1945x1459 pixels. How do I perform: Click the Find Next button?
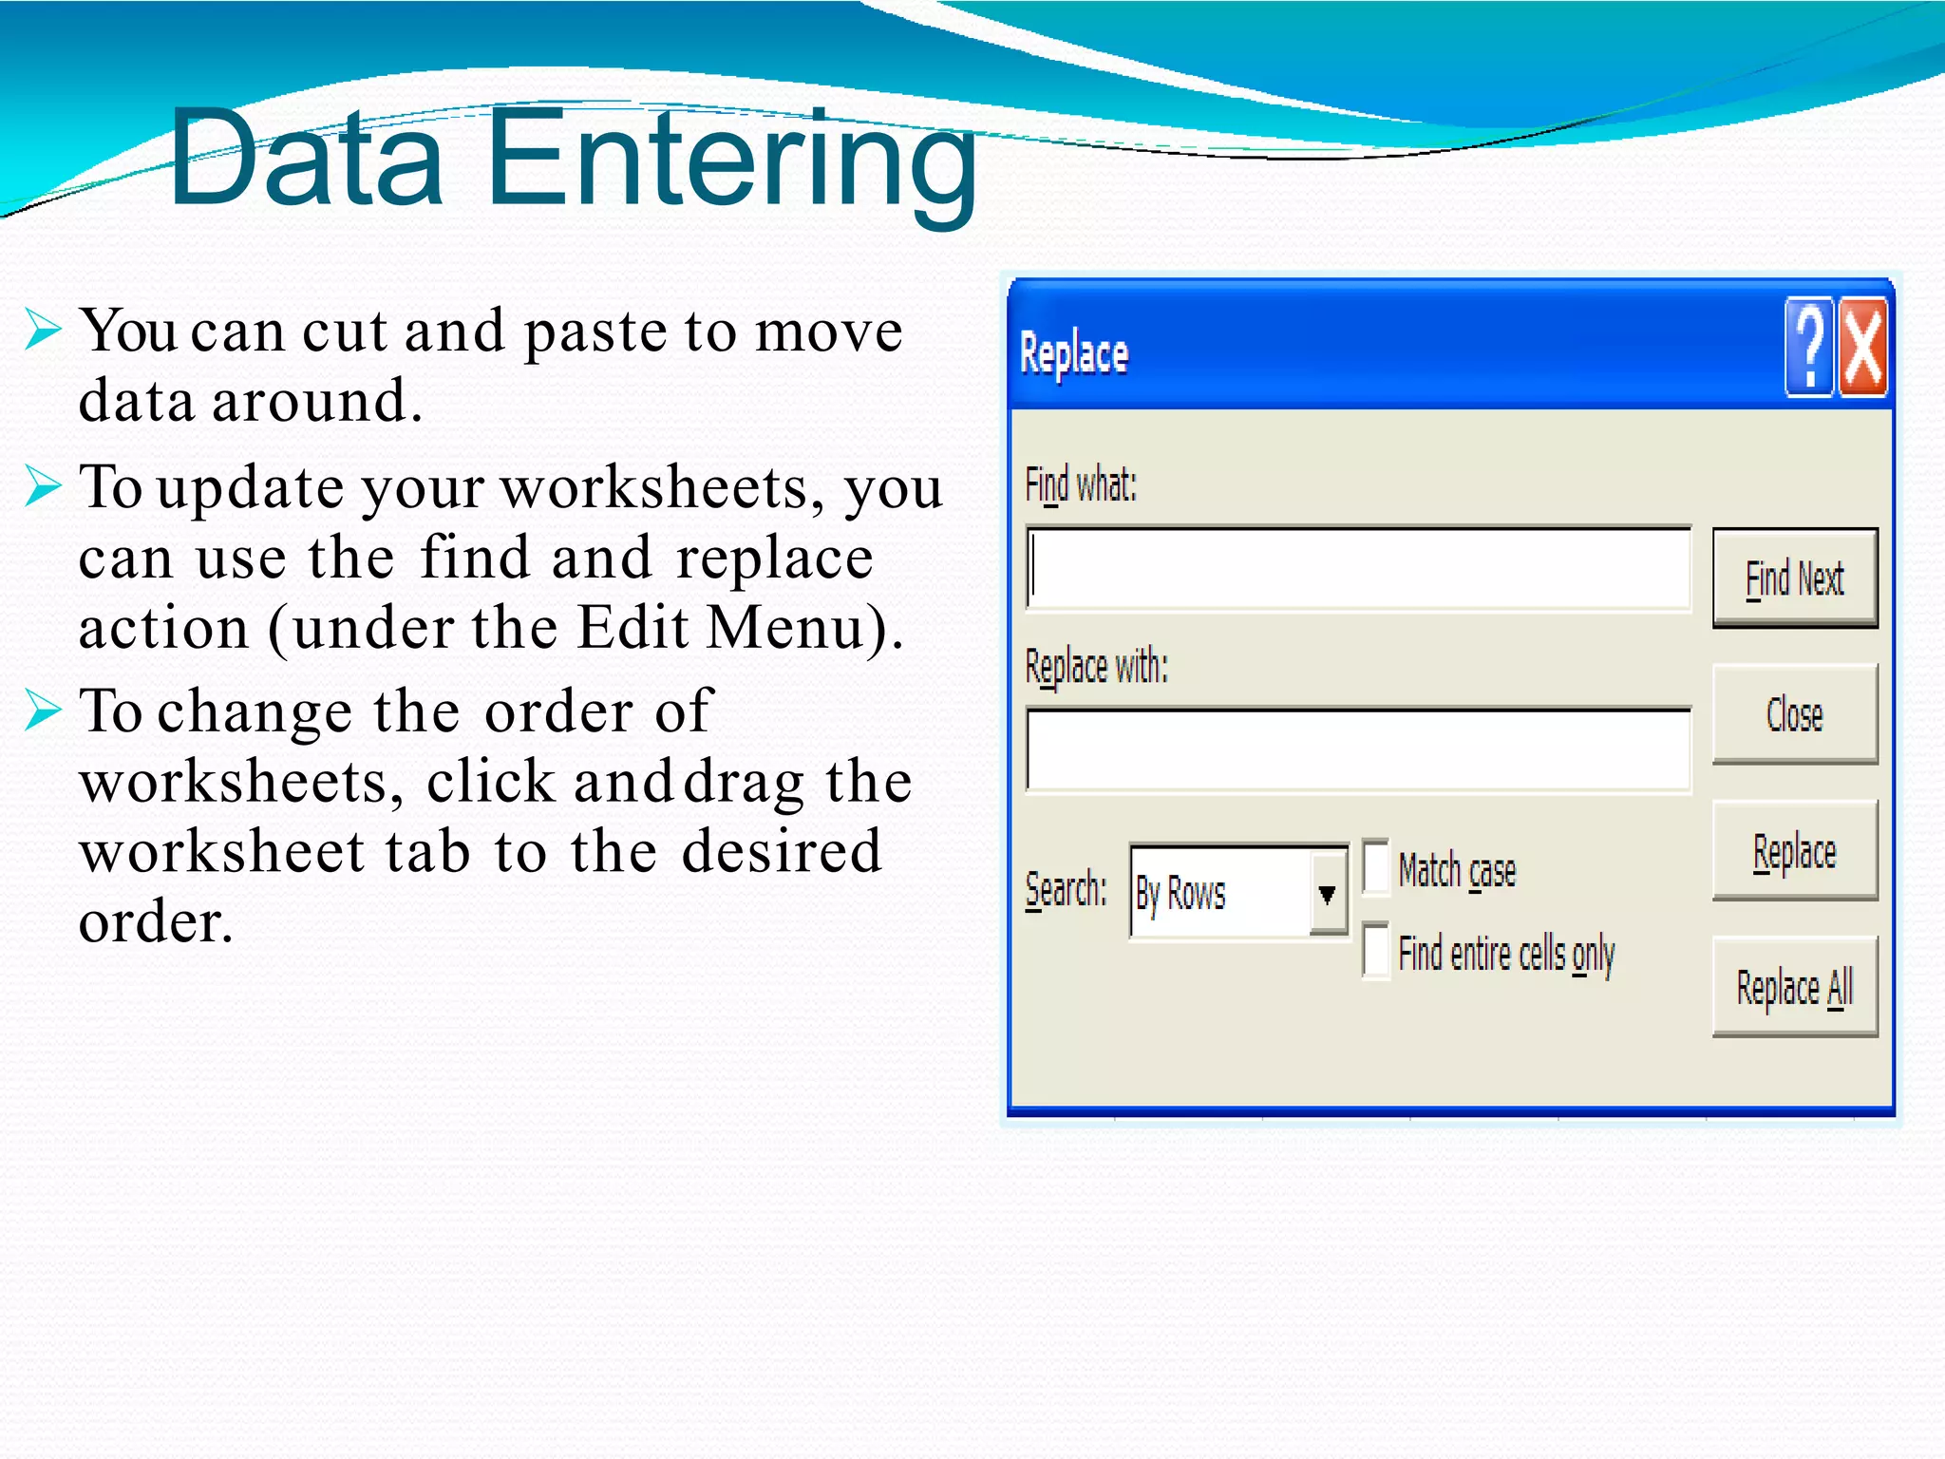(1794, 578)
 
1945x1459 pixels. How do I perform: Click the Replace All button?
(1794, 987)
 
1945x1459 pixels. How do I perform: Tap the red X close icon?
(1862, 347)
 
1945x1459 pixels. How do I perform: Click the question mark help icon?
(1810, 347)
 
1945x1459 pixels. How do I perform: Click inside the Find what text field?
(1358, 569)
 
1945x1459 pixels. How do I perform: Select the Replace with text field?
(1358, 750)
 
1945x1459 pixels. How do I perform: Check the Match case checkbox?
(1375, 867)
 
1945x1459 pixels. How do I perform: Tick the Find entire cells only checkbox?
(1375, 951)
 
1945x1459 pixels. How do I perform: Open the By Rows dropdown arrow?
(1328, 893)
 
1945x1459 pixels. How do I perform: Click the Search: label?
(1066, 891)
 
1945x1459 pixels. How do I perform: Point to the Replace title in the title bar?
(1073, 354)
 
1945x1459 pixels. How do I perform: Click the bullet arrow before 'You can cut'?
(43, 330)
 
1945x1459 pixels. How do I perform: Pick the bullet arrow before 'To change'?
(43, 711)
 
